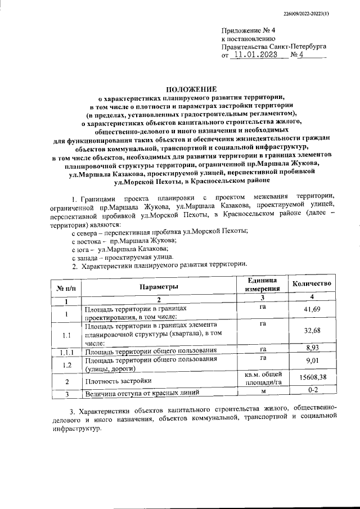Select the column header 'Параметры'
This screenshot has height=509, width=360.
[x=159, y=287]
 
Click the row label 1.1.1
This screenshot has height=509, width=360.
[x=66, y=353]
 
